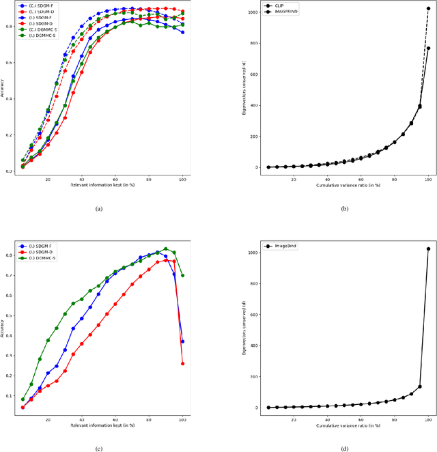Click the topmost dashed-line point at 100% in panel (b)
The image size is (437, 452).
(x=428, y=9)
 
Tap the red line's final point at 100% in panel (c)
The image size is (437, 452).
(x=182, y=364)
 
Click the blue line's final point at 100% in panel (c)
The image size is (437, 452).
(x=182, y=341)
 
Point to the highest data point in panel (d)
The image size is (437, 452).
(x=428, y=249)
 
